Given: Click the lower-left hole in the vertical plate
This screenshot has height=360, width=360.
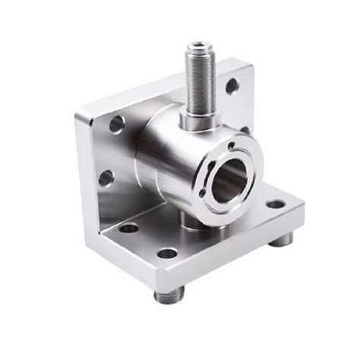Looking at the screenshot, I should (x=106, y=178).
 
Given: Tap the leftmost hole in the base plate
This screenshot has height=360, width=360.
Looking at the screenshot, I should (x=130, y=227).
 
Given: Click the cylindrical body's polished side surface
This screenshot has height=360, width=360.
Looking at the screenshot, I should (x=163, y=159).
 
